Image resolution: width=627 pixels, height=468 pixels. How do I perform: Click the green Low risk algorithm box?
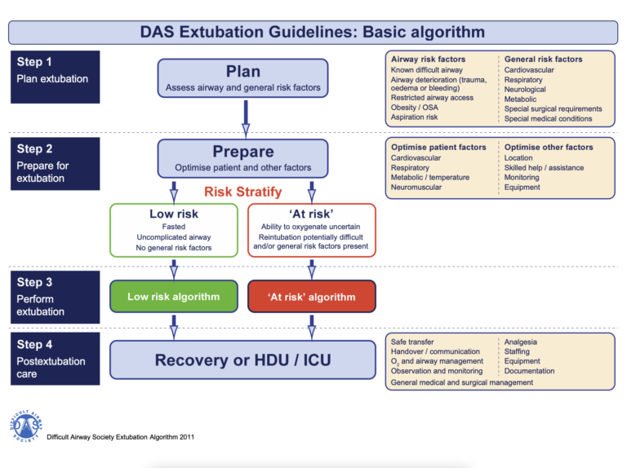point(173,297)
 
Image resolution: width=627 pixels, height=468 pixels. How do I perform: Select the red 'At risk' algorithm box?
point(311,297)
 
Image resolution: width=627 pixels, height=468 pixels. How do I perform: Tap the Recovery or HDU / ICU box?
point(242,360)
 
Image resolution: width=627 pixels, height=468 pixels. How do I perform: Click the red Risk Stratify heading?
point(243,192)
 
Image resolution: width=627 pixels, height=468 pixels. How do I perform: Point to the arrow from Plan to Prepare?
point(243,117)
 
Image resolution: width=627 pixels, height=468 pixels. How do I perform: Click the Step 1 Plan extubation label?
point(54,70)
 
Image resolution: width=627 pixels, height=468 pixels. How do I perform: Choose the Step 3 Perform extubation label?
point(54,296)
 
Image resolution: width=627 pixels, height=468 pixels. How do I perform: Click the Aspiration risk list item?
point(415,117)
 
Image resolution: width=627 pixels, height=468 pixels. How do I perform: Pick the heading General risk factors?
point(543,60)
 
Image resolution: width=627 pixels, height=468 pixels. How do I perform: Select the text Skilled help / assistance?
point(544,167)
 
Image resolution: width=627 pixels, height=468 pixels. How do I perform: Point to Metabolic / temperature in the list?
point(429,177)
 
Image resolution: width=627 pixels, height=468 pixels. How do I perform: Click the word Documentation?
point(529,371)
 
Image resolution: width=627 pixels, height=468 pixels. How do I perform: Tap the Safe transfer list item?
point(412,342)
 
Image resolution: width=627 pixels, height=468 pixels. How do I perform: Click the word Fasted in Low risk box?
point(174,226)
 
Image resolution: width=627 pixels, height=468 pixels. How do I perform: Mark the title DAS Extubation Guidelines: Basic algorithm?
point(313,33)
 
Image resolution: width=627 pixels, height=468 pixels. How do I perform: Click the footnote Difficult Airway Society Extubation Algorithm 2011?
point(120,437)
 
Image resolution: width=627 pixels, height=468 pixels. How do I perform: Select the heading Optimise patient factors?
point(438,148)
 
